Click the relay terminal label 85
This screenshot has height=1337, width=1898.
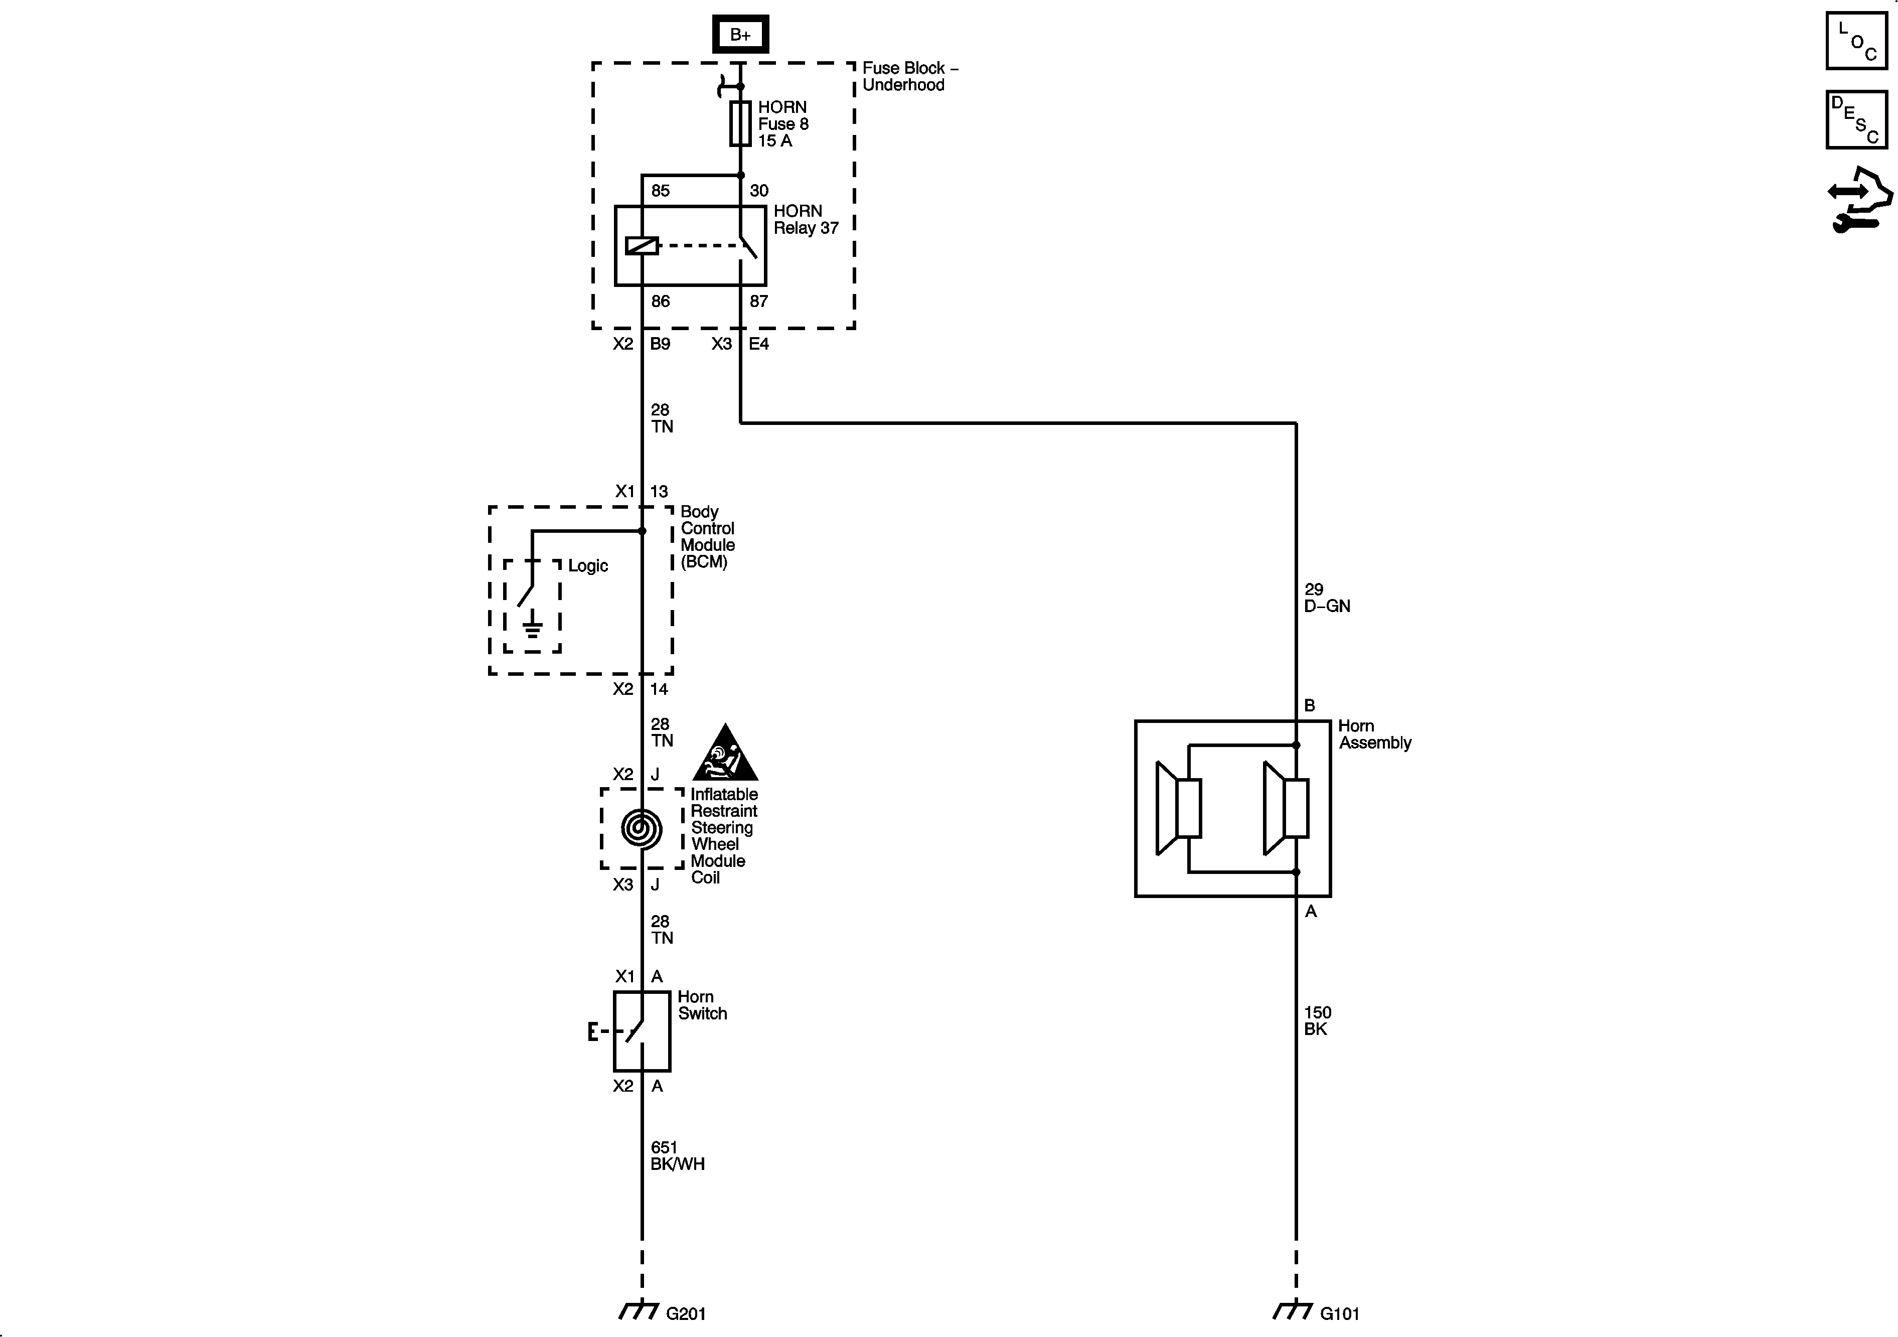(661, 191)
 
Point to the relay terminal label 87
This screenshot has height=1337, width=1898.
(759, 302)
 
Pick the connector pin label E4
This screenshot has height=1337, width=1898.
(759, 344)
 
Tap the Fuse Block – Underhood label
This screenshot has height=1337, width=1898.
(909, 77)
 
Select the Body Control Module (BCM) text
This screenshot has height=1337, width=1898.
(708, 537)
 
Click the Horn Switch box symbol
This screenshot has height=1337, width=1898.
(642, 1031)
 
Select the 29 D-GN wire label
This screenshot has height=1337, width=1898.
(1327, 598)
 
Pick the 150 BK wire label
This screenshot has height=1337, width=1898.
(1318, 1020)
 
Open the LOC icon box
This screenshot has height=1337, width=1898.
(1857, 41)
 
